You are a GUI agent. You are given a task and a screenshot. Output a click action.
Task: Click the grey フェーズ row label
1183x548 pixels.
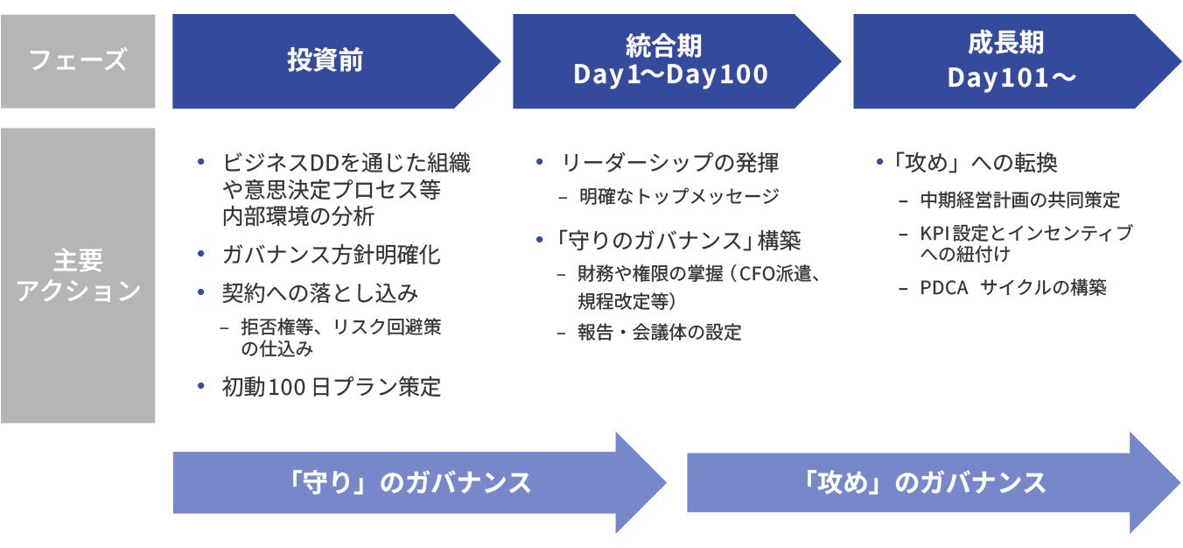78,61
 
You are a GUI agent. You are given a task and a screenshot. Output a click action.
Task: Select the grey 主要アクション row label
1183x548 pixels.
78,275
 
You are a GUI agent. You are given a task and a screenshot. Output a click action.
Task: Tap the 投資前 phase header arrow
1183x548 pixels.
325,61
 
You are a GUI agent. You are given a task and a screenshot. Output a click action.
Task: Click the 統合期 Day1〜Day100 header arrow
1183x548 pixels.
670,60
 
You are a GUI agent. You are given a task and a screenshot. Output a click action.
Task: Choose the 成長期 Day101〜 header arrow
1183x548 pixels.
1011,60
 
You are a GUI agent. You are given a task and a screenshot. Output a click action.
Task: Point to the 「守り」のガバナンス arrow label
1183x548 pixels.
409,482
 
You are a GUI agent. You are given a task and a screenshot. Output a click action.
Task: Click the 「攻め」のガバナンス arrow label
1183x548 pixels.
924,482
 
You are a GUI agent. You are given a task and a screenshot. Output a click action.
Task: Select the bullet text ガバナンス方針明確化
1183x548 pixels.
332,255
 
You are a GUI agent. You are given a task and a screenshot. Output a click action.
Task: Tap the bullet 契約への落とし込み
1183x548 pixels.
320,292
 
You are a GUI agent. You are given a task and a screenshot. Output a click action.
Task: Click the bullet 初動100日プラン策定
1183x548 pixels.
332,386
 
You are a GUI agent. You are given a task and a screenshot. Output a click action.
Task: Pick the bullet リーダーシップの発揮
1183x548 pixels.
669,163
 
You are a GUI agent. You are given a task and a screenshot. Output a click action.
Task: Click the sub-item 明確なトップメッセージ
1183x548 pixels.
678,196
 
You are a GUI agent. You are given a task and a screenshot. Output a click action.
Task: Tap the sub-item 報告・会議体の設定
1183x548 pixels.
659,332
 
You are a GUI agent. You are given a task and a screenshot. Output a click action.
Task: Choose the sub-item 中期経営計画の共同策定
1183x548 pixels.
1019,200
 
